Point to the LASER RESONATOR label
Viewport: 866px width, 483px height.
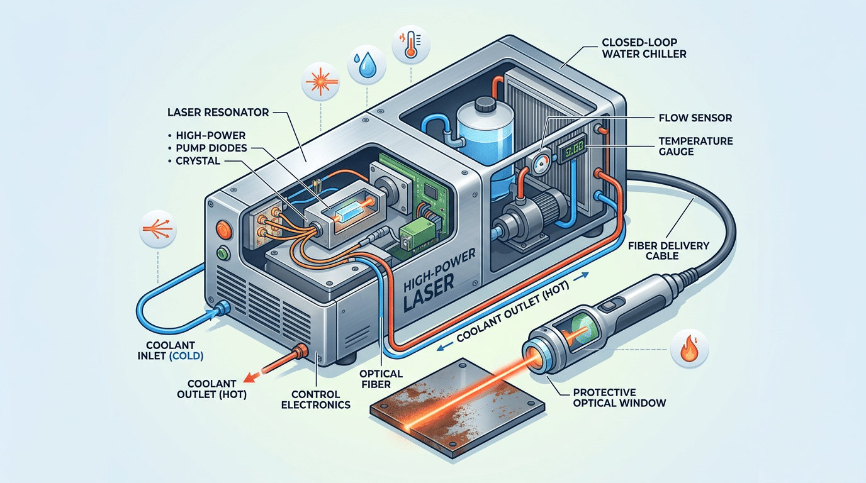pos(218,113)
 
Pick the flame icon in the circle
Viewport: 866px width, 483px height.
pos(689,347)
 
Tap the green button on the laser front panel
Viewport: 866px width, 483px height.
pos(222,255)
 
